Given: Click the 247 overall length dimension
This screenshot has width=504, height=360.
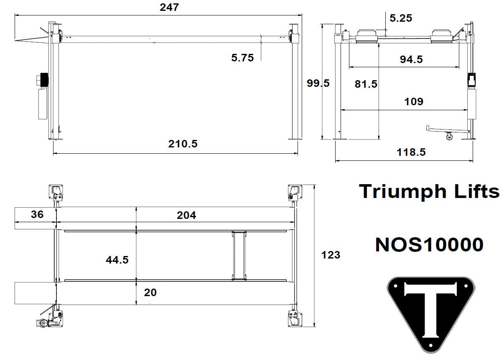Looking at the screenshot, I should pyautogui.click(x=169, y=7).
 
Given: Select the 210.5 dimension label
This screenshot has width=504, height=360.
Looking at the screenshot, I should pyautogui.click(x=183, y=144).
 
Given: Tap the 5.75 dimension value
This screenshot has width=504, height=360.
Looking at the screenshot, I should pyautogui.click(x=242, y=58).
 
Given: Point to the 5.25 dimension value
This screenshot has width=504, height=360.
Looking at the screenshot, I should pyautogui.click(x=400, y=18).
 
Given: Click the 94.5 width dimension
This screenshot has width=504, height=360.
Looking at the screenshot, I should pyautogui.click(x=411, y=60).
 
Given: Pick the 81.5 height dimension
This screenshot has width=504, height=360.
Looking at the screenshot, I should pyautogui.click(x=366, y=84).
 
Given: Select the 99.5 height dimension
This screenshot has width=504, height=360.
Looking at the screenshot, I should pyautogui.click(x=318, y=83).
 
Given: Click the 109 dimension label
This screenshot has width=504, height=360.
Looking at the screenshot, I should pyautogui.click(x=414, y=101).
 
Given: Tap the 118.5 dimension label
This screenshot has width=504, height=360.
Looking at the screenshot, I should pyautogui.click(x=411, y=152).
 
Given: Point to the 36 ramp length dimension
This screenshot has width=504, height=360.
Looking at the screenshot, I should pyautogui.click(x=37, y=215).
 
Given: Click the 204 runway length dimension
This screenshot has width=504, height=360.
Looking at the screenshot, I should pyautogui.click(x=186, y=215).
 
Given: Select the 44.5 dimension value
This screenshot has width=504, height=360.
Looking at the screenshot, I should pyautogui.click(x=117, y=260).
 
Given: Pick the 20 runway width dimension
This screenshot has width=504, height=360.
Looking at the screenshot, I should pyautogui.click(x=150, y=293).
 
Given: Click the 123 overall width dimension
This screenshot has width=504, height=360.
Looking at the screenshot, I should pyautogui.click(x=331, y=255).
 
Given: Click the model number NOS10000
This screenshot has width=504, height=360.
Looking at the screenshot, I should pyautogui.click(x=429, y=245).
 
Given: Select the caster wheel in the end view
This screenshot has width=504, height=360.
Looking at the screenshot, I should pyautogui.click(x=449, y=136).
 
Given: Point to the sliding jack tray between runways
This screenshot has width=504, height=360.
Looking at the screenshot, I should pyautogui.click(x=239, y=255).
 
